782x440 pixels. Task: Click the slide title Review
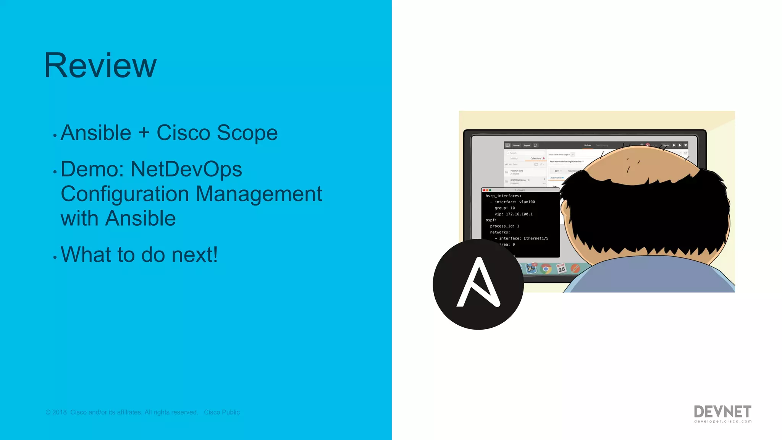(x=100, y=66)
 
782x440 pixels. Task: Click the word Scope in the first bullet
(x=247, y=133)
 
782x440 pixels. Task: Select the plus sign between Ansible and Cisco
(x=144, y=133)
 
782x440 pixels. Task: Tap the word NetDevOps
(x=186, y=169)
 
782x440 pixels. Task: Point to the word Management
(x=259, y=194)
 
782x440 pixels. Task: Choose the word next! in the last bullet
(x=195, y=255)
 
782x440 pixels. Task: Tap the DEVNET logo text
(x=722, y=411)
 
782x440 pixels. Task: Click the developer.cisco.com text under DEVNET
(x=723, y=421)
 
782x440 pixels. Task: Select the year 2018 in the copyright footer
(x=60, y=412)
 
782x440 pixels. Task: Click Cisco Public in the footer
(x=222, y=412)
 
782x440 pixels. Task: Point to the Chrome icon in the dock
(x=546, y=269)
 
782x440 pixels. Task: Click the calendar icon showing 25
(x=561, y=269)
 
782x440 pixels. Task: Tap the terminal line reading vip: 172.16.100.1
(x=514, y=214)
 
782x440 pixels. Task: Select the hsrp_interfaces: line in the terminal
(x=503, y=196)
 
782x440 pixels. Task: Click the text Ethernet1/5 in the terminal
(x=536, y=238)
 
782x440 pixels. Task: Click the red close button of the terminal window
(x=484, y=190)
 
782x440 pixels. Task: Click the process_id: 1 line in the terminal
(x=504, y=226)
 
